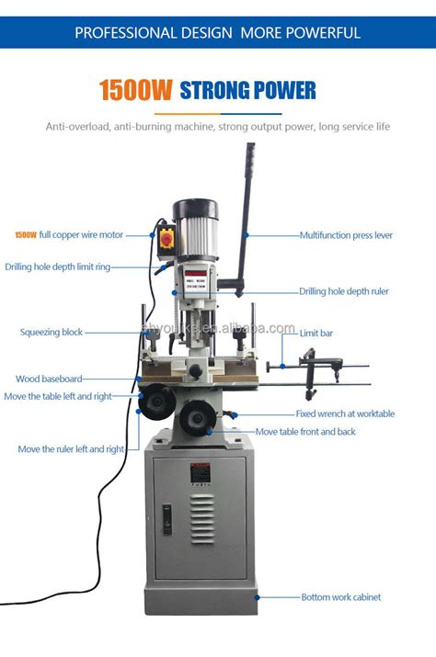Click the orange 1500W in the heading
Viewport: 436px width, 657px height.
pos(137,90)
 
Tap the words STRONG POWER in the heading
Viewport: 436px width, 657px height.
pos(247,90)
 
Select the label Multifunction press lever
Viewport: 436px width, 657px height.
pos(346,235)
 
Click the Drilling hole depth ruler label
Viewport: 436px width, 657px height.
pos(343,291)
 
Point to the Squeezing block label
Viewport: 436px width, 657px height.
pos(52,333)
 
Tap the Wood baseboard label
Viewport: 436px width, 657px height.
pos(49,379)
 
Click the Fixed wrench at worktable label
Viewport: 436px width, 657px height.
pos(345,413)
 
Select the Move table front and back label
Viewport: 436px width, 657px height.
pos(305,431)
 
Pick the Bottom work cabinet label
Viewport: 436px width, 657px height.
pos(340,597)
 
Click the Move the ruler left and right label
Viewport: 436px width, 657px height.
pos(71,449)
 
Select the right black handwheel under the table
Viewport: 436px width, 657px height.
pos(196,418)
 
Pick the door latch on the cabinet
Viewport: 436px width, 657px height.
pos(167,520)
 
